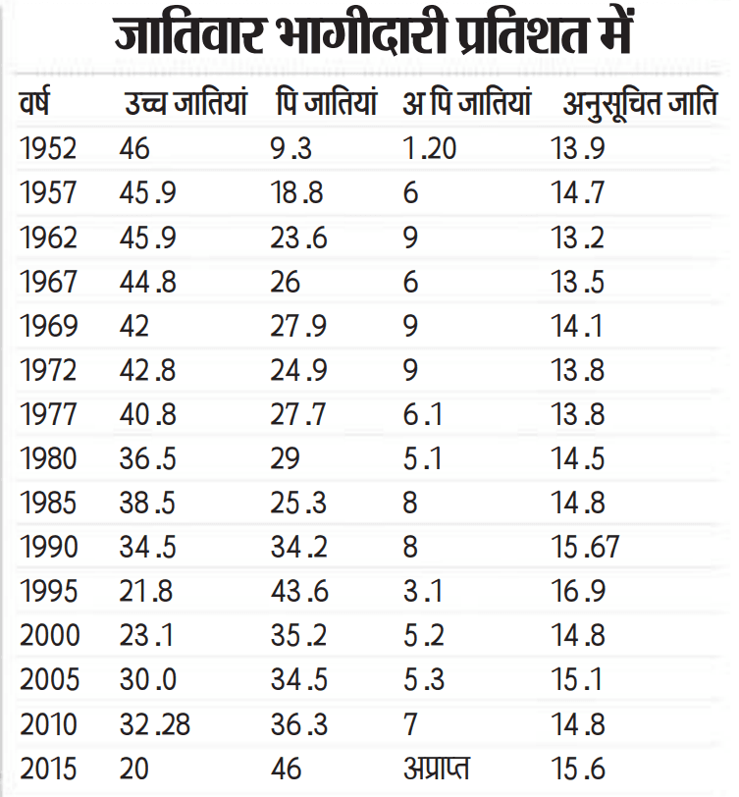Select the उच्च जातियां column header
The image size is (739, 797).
(x=185, y=104)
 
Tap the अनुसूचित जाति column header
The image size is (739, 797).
(x=640, y=104)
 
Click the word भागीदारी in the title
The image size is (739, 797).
(x=356, y=40)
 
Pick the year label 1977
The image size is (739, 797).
(x=48, y=414)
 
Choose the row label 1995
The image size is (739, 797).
(x=48, y=591)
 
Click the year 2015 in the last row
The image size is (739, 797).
(x=48, y=768)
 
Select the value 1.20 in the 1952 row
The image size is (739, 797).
(x=430, y=149)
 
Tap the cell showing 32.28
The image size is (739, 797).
(x=155, y=723)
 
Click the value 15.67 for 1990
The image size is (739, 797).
(x=586, y=547)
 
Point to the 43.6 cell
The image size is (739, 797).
(x=299, y=591)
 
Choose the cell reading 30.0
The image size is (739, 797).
(x=148, y=679)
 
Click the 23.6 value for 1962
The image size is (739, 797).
(x=299, y=238)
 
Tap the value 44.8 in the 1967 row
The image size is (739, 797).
(x=148, y=282)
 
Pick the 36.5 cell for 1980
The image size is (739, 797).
(x=148, y=458)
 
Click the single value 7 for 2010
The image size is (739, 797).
(x=410, y=723)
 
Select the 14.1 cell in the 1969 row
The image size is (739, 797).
(x=577, y=326)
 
